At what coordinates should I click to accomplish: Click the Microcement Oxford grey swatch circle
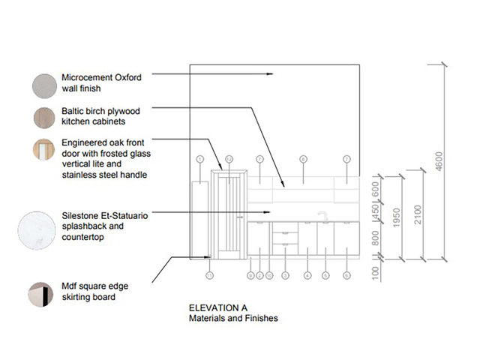[42, 82]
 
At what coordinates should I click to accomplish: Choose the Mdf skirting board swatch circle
[42, 292]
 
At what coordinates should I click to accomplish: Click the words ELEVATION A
[217, 308]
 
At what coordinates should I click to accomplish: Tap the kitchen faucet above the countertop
[324, 216]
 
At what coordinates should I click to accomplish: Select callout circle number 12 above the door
[229, 159]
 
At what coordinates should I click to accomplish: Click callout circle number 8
[303, 159]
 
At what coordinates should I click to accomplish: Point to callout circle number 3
[285, 276]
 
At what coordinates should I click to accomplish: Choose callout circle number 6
[346, 276]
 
